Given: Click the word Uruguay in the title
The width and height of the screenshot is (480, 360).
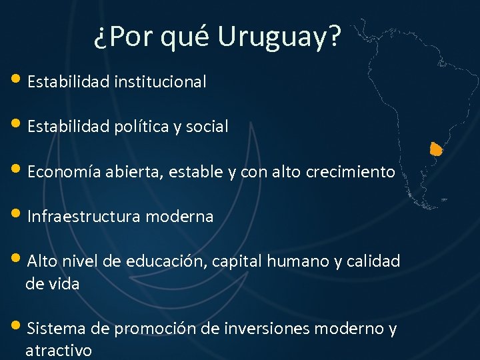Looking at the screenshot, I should point(279,38).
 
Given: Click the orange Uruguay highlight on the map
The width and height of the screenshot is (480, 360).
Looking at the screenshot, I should point(436,149).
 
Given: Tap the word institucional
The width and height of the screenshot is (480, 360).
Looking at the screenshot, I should point(160,82).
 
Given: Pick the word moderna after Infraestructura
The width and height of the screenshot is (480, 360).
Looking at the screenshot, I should point(180,217).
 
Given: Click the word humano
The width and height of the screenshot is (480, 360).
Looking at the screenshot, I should point(297,261).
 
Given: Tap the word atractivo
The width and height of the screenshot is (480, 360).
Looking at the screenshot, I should point(59,351).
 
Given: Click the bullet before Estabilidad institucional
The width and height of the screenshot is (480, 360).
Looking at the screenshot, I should point(17,81).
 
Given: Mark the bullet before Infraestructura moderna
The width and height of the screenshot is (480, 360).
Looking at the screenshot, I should point(17,215).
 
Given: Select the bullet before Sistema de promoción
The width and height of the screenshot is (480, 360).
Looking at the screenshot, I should point(17,327).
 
